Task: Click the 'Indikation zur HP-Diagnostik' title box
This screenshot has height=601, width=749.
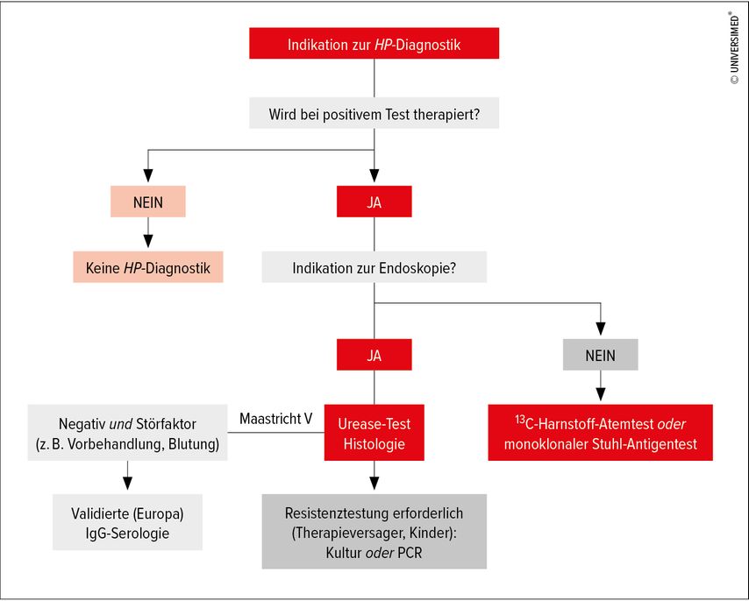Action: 374,44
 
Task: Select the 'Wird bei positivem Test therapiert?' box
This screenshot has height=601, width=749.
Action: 374,113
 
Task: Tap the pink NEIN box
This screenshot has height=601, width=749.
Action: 148,202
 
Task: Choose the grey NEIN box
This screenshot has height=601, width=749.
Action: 601,355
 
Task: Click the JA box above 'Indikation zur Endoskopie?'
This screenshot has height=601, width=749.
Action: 374,202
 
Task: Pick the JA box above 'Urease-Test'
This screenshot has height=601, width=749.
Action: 374,355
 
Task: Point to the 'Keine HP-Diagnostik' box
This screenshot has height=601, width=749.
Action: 148,267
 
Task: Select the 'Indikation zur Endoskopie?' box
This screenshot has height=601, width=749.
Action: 374,267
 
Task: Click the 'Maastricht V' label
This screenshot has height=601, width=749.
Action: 275,419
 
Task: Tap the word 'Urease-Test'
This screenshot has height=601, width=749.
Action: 374,423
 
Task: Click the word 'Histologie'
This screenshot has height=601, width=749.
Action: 374,444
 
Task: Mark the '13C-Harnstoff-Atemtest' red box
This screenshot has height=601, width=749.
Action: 601,433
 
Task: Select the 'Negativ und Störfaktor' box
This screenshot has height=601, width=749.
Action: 127,433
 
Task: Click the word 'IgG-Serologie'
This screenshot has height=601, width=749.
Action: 127,533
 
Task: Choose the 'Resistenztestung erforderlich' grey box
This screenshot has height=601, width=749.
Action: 374,532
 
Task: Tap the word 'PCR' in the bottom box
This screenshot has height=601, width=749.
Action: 410,553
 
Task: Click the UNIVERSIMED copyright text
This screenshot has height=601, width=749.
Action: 735,47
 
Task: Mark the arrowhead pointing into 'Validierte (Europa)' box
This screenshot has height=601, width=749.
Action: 127,483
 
